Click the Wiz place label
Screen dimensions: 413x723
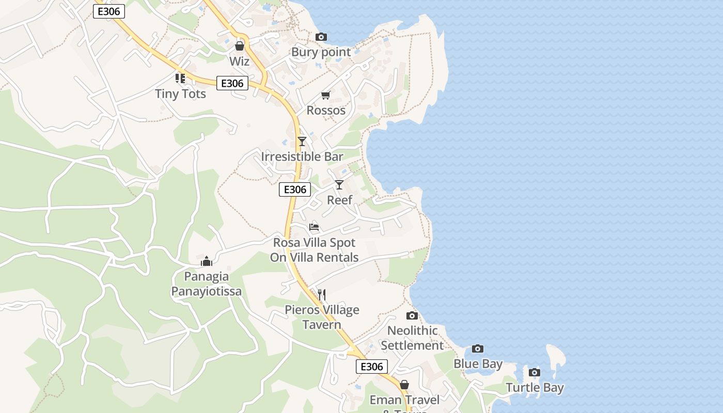(240, 61)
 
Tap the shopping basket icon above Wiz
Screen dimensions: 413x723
(239, 46)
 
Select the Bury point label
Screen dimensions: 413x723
(321, 52)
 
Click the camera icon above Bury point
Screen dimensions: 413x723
(321, 37)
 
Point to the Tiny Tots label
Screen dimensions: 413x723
(180, 94)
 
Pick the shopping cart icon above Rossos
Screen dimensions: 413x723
(325, 95)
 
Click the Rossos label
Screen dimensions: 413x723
(326, 110)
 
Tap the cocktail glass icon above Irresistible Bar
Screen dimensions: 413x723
(302, 141)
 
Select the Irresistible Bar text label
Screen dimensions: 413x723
(302, 156)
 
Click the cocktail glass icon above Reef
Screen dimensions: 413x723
(339, 184)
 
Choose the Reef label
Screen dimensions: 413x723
(340, 200)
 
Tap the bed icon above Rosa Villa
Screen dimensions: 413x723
(313, 227)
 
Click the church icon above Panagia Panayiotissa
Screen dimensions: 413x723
(207, 261)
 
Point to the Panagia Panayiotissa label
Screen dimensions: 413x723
(207, 284)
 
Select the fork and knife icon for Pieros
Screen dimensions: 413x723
(321, 294)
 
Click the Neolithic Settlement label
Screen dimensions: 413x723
(413, 338)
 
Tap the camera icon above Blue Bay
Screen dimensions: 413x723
(478, 349)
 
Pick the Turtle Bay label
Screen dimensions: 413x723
(535, 388)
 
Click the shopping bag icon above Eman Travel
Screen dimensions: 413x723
(404, 385)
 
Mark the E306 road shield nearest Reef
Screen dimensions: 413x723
(295, 189)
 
